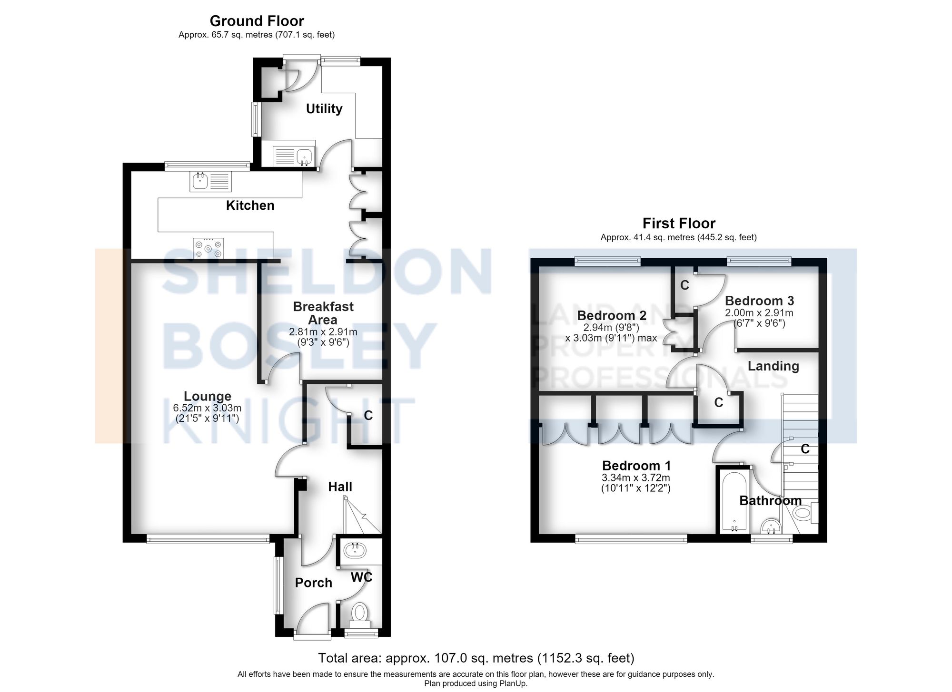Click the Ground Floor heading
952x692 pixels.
[257, 21]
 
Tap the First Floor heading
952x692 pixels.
[679, 223]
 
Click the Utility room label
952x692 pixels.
[324, 108]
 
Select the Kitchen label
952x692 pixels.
[250, 205]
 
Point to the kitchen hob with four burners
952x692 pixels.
[208, 248]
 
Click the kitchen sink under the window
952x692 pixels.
[210, 181]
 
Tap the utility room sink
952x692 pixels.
[293, 156]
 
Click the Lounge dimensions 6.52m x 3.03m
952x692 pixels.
[207, 408]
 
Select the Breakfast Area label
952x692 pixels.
[323, 313]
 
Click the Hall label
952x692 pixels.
[340, 487]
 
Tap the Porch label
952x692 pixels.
[313, 583]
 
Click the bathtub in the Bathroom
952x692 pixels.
[734, 501]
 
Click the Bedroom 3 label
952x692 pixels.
[759, 301]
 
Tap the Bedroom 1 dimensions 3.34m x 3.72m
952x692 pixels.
[636, 478]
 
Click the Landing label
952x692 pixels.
[773, 366]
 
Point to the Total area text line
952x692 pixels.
[476, 658]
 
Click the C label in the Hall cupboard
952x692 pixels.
[368, 415]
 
